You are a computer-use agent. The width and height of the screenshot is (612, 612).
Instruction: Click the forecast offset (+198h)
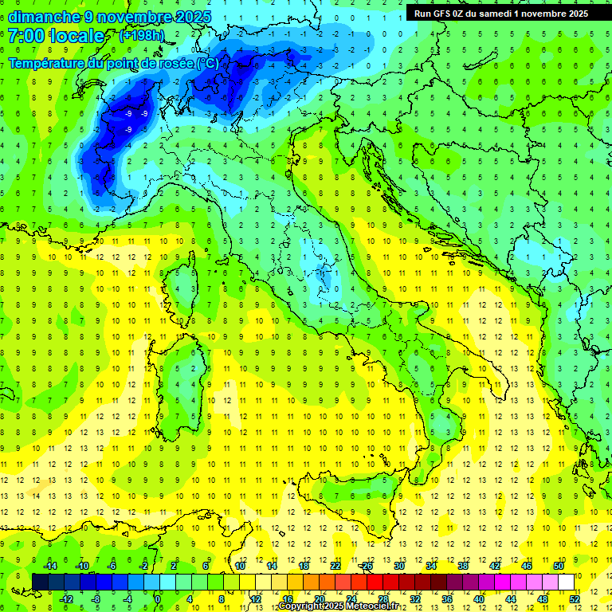pyautogui.click(x=142, y=35)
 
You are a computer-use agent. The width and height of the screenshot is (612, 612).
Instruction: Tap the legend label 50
pyautogui.click(x=559, y=566)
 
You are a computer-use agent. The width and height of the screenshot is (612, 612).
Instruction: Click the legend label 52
pyautogui.click(x=575, y=598)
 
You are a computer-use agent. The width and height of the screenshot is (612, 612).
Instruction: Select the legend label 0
pyautogui.click(x=158, y=598)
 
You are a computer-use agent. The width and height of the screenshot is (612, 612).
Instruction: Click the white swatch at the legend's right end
pyautogui.click(x=567, y=582)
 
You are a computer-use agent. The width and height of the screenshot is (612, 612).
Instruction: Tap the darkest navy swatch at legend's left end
pyautogui.click(x=40, y=582)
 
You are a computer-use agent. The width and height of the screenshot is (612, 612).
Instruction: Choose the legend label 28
pyautogui.click(x=382, y=598)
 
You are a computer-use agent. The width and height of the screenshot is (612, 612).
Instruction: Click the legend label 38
pyautogui.click(x=463, y=566)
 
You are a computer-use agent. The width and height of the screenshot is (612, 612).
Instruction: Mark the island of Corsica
pyautogui.click(x=182, y=287)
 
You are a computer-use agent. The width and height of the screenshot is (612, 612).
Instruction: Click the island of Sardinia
pyautogui.click(x=182, y=382)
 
